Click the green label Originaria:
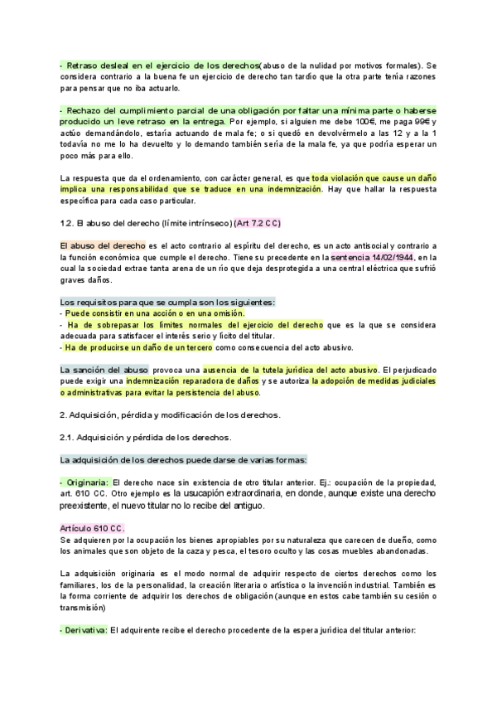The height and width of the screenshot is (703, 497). [x=85, y=482]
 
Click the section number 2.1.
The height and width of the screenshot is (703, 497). [x=69, y=437]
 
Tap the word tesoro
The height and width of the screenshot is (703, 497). [x=255, y=550]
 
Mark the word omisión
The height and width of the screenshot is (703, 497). [x=224, y=313]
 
